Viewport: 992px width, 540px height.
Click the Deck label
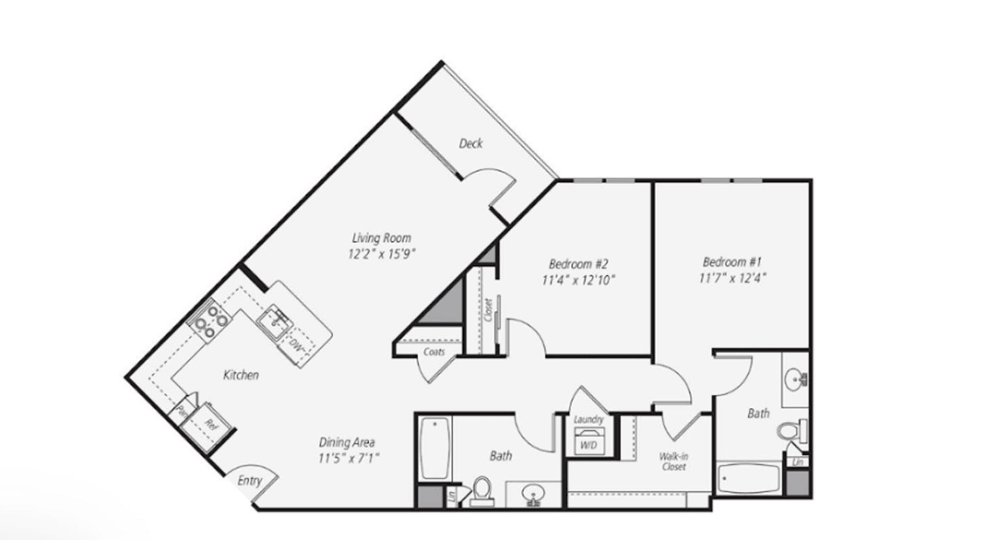coord(471,143)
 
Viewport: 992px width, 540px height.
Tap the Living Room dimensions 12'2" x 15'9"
coord(382,254)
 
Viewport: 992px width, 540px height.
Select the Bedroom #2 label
coord(578,264)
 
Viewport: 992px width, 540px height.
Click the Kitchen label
coord(241,375)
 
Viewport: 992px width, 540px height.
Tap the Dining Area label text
coord(347,442)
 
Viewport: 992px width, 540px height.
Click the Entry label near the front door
coord(249,481)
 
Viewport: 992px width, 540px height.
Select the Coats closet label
coord(434,352)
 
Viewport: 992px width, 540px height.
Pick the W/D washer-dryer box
coord(588,443)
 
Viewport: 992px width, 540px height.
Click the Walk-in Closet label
coord(674,461)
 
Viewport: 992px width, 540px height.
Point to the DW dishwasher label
coord(297,344)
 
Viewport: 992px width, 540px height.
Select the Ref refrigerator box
coord(210,424)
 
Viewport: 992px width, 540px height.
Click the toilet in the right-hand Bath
coord(790,431)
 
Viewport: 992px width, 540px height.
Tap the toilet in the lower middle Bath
coord(482,490)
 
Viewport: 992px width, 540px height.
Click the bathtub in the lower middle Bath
coord(433,449)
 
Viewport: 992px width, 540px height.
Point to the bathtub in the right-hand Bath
coord(748,480)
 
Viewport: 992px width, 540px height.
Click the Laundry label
coord(588,419)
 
